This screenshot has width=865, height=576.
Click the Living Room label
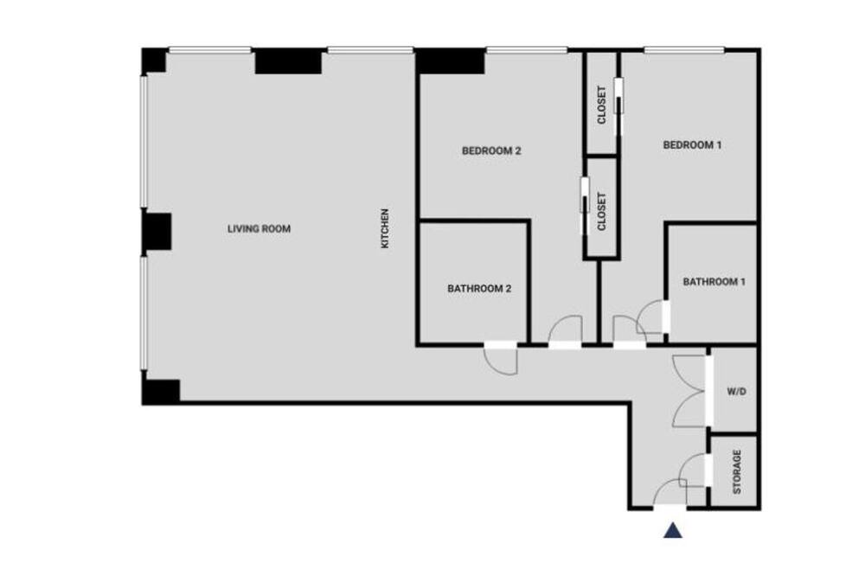point(259,228)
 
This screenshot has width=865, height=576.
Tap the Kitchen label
point(385,227)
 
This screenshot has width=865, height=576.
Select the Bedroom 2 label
point(491,150)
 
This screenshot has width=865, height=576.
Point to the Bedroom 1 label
point(692,145)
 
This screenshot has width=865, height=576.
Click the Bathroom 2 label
point(479,289)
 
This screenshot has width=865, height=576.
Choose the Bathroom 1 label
point(714,282)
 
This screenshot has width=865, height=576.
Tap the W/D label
point(736,392)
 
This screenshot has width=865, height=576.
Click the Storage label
point(736,471)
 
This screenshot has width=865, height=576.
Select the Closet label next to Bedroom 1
point(602,105)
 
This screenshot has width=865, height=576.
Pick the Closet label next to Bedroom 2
point(602,211)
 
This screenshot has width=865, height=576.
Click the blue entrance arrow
point(672,530)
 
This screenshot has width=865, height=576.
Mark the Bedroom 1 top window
point(684,50)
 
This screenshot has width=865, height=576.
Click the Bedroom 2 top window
point(526,50)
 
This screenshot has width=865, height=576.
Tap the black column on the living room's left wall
point(157,232)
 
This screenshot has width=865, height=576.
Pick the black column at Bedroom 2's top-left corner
point(450,61)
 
